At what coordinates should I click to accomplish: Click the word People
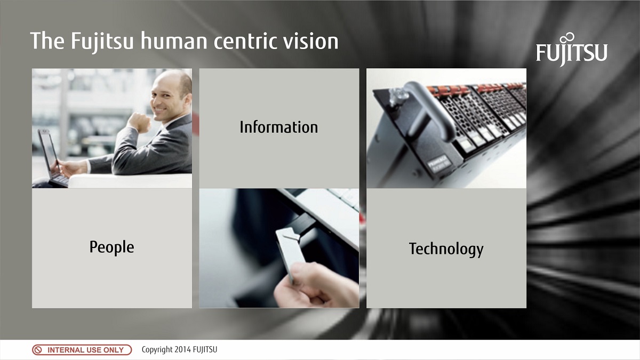point(111,247)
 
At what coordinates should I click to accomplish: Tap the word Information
point(278,127)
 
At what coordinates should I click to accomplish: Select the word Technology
point(446,249)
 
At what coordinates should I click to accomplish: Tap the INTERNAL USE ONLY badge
point(82,350)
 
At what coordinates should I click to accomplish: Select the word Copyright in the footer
point(157,350)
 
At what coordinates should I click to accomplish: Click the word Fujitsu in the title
point(100,41)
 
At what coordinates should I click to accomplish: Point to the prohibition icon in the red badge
point(38,350)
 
